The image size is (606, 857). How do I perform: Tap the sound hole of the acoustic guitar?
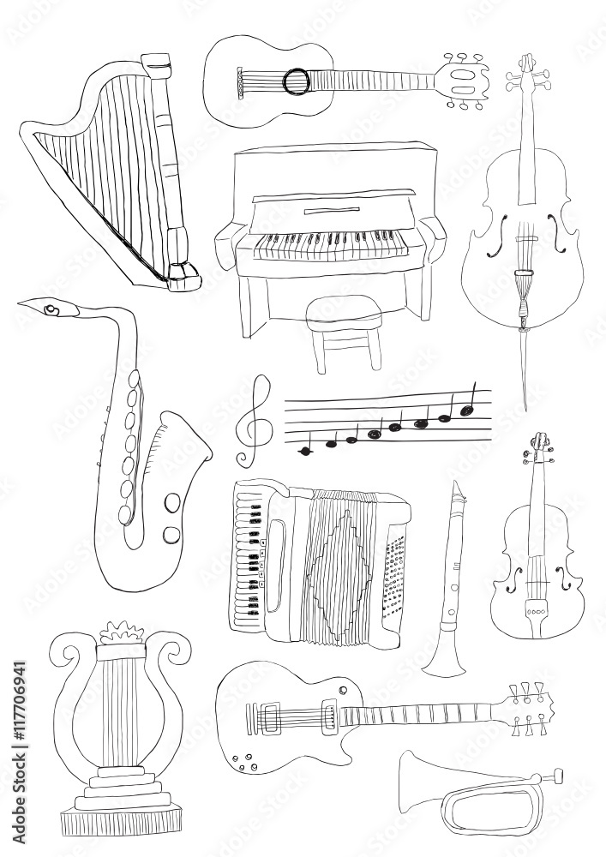[x=297, y=80]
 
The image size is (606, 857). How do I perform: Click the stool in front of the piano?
[x=343, y=333]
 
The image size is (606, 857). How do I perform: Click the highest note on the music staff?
[x=468, y=410]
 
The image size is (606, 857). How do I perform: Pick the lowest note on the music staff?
[x=305, y=451]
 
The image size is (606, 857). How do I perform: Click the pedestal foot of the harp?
[x=183, y=275]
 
